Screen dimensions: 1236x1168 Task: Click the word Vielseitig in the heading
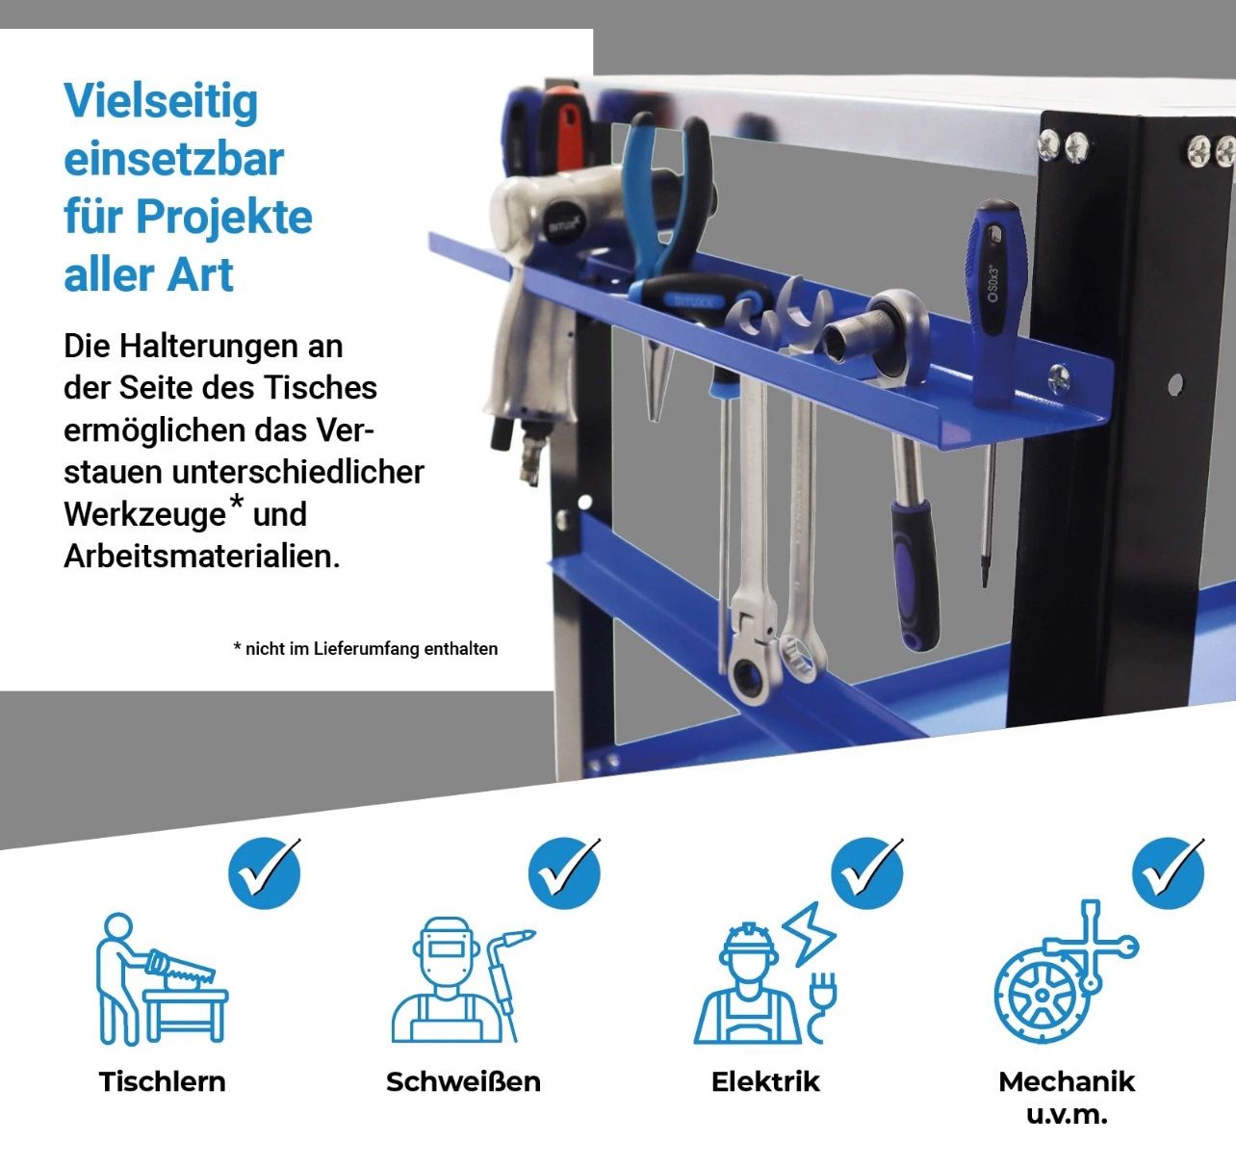pos(161,101)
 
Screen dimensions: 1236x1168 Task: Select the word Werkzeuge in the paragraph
pos(144,515)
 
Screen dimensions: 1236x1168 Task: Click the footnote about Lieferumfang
pos(366,649)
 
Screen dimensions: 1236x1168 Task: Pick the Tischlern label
pos(162,1081)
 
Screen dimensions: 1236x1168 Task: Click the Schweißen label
pos(463,1081)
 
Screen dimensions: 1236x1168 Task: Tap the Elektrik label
pos(765,1081)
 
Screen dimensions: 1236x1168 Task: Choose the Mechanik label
pos(1067,1081)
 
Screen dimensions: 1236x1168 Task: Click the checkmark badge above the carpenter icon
pos(265,873)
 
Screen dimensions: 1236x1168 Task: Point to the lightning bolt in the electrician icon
pos(809,934)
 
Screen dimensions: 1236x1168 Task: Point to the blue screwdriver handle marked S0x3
pos(994,302)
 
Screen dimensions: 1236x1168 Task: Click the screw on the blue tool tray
pos(1059,377)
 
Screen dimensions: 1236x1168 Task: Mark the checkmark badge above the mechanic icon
pos(1169,873)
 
